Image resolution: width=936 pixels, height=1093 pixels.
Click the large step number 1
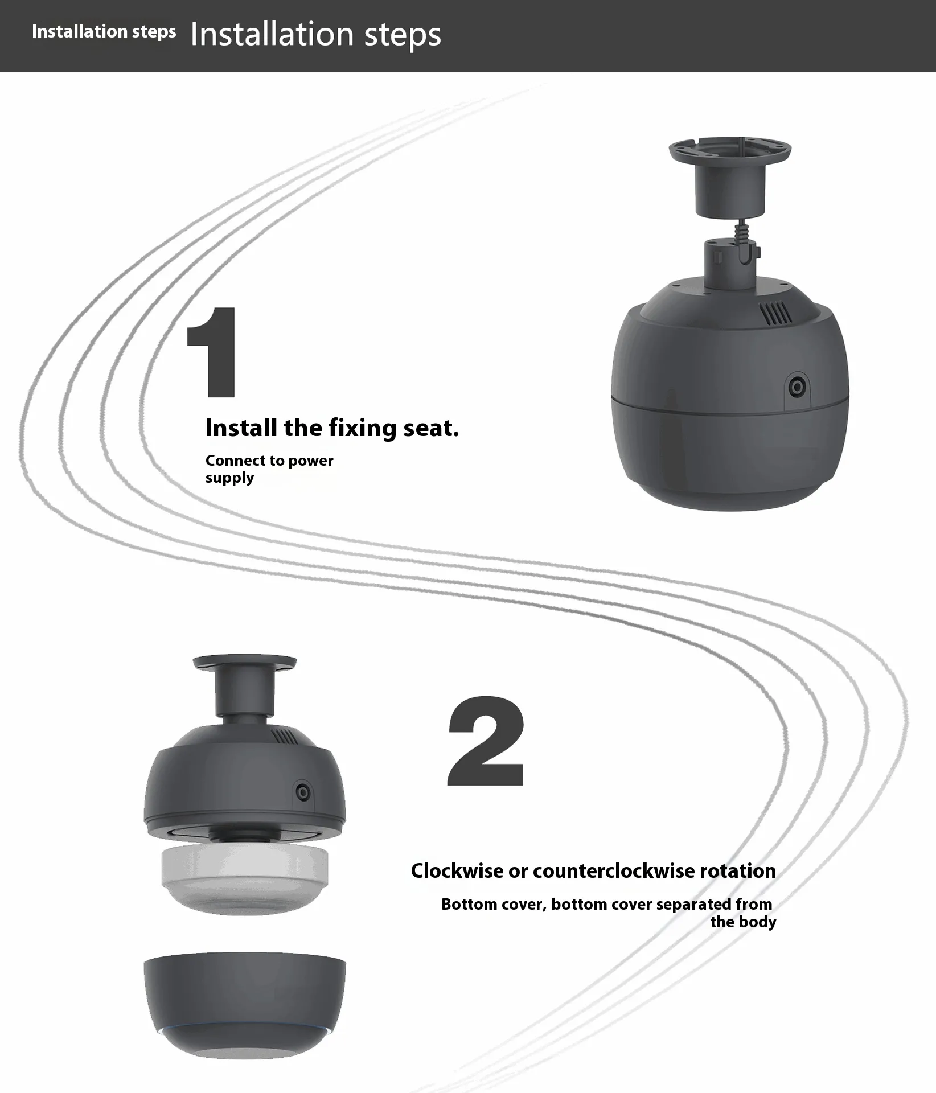coord(212,352)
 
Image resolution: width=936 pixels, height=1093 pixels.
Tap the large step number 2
coord(487,741)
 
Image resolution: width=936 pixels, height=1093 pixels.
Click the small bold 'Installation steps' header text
coord(104,31)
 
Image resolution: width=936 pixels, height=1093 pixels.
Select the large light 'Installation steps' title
coord(315,34)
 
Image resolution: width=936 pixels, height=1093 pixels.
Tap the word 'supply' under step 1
coord(230,478)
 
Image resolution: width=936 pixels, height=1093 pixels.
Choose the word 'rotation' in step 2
coord(738,870)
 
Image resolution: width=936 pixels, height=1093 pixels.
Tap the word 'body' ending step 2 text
coord(760,922)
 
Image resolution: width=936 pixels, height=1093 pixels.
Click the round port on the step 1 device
coord(796,387)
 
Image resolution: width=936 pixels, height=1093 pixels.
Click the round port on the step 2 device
coord(303,792)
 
